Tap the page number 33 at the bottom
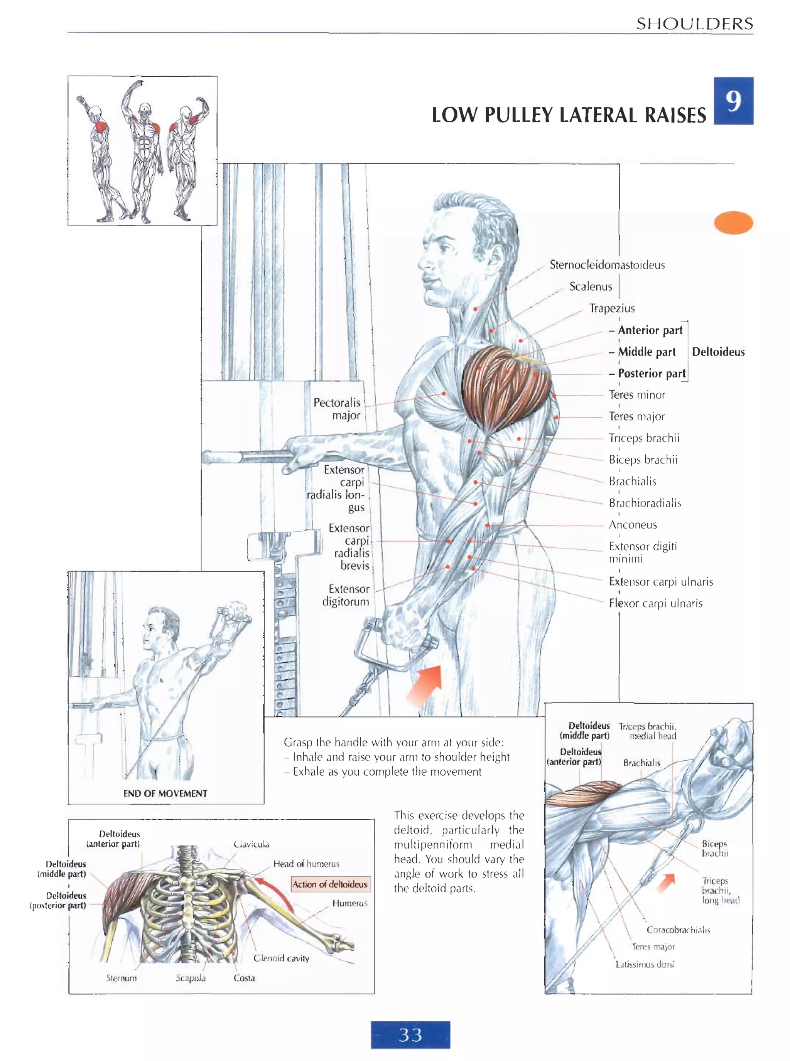click(410, 1035)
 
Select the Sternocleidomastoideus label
click(607, 265)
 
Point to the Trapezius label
click(612, 308)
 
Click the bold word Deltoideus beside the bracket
click(718, 352)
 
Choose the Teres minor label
click(636, 395)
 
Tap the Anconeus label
click(633, 525)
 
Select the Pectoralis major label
click(337, 409)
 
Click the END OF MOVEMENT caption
click(165, 793)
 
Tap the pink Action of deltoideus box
click(330, 884)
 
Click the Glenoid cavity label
click(281, 958)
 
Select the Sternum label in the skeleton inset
click(122, 978)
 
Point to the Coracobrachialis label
click(678, 930)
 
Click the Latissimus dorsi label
click(645, 964)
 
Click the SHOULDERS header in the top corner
click(694, 24)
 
